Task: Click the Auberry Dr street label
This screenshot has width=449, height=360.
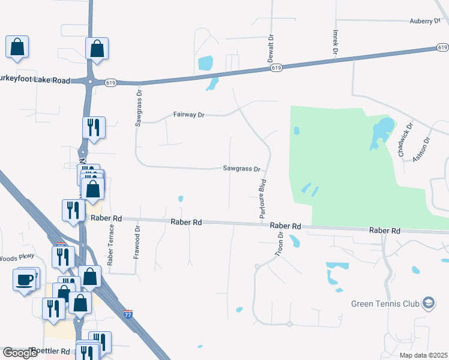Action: point(425,21)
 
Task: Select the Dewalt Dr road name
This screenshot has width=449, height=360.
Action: point(271,46)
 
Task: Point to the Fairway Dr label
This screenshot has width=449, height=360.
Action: point(189,114)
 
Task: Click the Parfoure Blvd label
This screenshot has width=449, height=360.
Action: point(262,197)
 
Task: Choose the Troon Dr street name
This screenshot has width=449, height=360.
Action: point(279,242)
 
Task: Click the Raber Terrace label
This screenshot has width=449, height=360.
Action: point(110,244)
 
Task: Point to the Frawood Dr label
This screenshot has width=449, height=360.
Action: point(136,241)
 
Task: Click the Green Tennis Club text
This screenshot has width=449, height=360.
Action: point(385,303)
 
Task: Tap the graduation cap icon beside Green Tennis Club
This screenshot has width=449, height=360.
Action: point(428,302)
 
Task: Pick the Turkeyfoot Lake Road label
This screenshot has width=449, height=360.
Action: point(35,80)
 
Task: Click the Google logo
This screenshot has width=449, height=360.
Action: point(20,353)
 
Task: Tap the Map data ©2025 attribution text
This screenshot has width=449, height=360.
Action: point(423,355)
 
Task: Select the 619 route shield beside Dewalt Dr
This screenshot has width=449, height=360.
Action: point(276,68)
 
